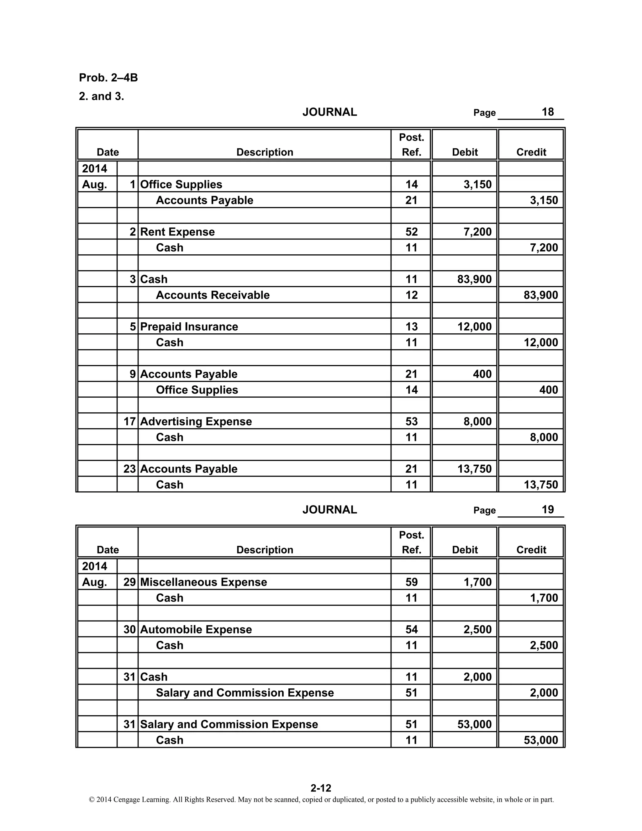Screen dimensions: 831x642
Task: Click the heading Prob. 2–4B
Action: (x=108, y=78)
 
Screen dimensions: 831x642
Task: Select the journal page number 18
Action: (x=547, y=112)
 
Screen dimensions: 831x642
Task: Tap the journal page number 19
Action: (x=547, y=510)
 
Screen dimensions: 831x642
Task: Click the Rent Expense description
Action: (x=177, y=232)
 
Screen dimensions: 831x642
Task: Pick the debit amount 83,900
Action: (x=474, y=279)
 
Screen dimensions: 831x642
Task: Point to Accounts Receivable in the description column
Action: (x=213, y=295)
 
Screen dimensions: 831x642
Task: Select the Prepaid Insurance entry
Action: (x=189, y=326)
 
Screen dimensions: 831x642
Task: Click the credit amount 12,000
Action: (x=540, y=342)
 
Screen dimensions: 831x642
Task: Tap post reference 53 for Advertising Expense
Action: (x=411, y=421)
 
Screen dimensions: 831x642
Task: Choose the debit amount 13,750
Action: (x=474, y=469)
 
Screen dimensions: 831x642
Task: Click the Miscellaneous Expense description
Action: (x=203, y=582)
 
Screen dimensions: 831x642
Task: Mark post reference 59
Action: (x=411, y=582)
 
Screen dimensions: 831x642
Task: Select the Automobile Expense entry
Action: (x=196, y=629)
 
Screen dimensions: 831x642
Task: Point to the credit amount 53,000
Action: (x=540, y=740)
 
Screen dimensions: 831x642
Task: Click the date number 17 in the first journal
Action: (x=129, y=421)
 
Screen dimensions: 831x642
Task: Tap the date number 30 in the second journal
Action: (x=129, y=629)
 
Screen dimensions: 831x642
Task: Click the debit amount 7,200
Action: (x=477, y=232)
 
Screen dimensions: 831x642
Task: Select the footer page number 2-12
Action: (x=321, y=788)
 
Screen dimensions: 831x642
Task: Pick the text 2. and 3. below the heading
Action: (x=101, y=96)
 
